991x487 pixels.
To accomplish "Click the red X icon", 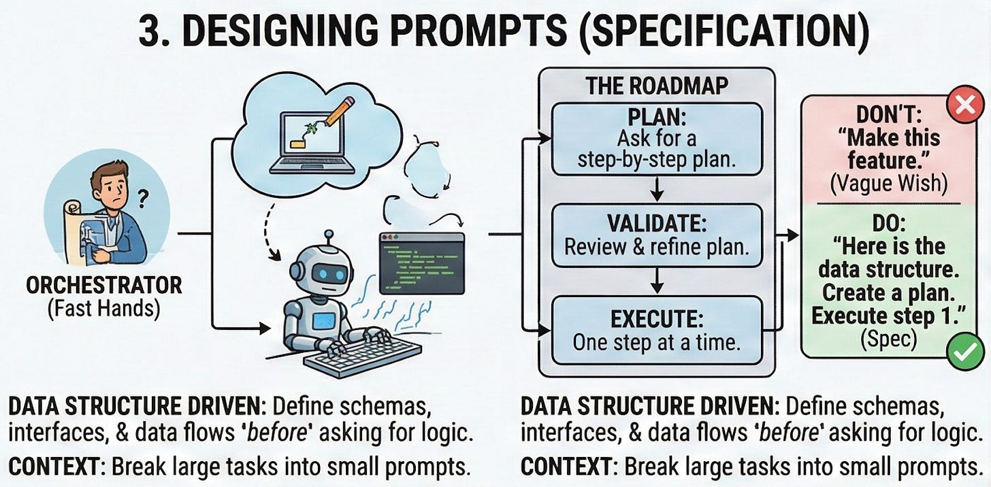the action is (x=965, y=106).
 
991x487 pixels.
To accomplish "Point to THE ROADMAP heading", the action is (x=656, y=86).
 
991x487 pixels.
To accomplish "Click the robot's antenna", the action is (x=328, y=238).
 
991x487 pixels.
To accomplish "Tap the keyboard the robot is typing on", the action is (x=362, y=355).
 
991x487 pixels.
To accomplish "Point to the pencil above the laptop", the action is (x=339, y=112).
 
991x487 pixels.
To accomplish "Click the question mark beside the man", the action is (x=144, y=199).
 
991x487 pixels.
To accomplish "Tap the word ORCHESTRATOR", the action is (x=104, y=285).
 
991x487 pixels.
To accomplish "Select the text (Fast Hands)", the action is (x=104, y=309).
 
